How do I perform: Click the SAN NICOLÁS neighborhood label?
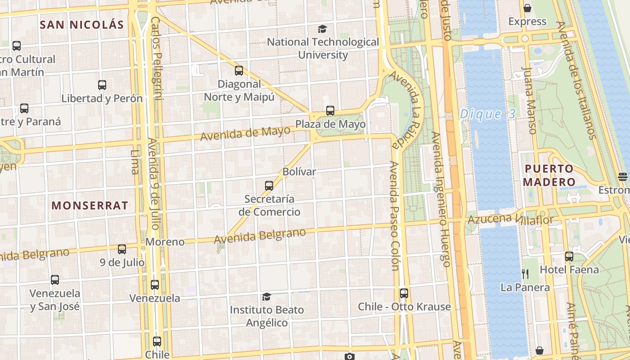point(81,25)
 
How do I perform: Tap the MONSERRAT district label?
point(90,206)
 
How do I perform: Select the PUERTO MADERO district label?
point(549,175)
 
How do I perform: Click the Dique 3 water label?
point(487,114)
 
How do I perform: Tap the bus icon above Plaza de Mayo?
point(330,110)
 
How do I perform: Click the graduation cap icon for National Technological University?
point(322,29)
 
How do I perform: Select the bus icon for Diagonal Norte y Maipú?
point(239,71)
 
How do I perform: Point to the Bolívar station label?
point(299,171)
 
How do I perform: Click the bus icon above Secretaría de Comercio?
point(269,185)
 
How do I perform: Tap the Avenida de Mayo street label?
point(245,133)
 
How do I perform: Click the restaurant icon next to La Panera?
point(525,274)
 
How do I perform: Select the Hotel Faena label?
point(569,270)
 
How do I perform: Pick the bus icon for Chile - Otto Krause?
point(404,293)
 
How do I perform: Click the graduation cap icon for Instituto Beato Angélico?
point(267,297)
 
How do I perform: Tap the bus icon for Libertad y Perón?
point(102,85)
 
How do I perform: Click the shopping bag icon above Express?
point(527,8)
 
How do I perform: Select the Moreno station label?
point(165,242)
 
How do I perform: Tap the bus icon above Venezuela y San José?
point(55,280)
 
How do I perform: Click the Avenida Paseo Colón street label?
point(395,216)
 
